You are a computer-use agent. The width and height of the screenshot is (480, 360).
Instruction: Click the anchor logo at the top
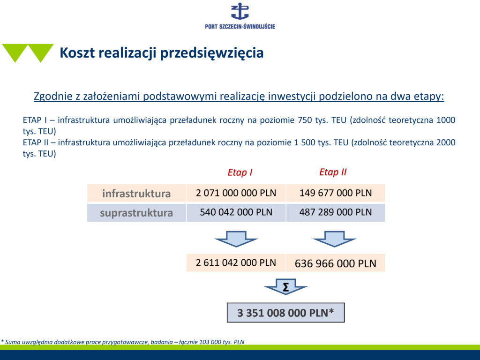[x=240, y=11]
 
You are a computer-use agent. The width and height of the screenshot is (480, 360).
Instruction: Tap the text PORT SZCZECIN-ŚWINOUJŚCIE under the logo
[x=240, y=27]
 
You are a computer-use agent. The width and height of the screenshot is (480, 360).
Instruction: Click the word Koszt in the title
[x=77, y=52]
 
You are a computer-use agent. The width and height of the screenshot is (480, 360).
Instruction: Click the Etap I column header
[x=240, y=172]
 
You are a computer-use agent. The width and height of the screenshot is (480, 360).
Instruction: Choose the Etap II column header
[x=333, y=172]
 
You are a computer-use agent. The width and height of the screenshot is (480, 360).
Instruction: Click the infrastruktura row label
[x=136, y=194]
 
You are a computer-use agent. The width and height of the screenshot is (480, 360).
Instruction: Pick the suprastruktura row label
[x=136, y=213]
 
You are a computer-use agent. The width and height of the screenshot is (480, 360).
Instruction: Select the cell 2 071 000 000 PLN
[x=236, y=193]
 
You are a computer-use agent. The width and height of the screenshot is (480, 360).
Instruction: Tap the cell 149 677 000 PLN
[x=336, y=193]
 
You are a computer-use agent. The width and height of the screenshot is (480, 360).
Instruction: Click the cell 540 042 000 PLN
[x=236, y=212]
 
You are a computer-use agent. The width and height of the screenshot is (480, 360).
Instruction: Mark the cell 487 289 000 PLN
[x=336, y=212]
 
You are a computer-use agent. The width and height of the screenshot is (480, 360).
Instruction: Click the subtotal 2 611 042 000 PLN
[x=236, y=262]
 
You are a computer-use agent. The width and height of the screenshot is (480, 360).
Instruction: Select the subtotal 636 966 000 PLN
[x=336, y=263]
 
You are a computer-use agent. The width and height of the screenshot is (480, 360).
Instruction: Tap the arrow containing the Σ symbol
[x=285, y=287]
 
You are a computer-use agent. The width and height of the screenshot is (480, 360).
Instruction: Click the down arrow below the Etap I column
[x=236, y=239]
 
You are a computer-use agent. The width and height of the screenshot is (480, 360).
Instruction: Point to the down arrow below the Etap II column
[x=334, y=239]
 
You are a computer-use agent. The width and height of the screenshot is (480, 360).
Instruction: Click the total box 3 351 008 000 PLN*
[x=285, y=313]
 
